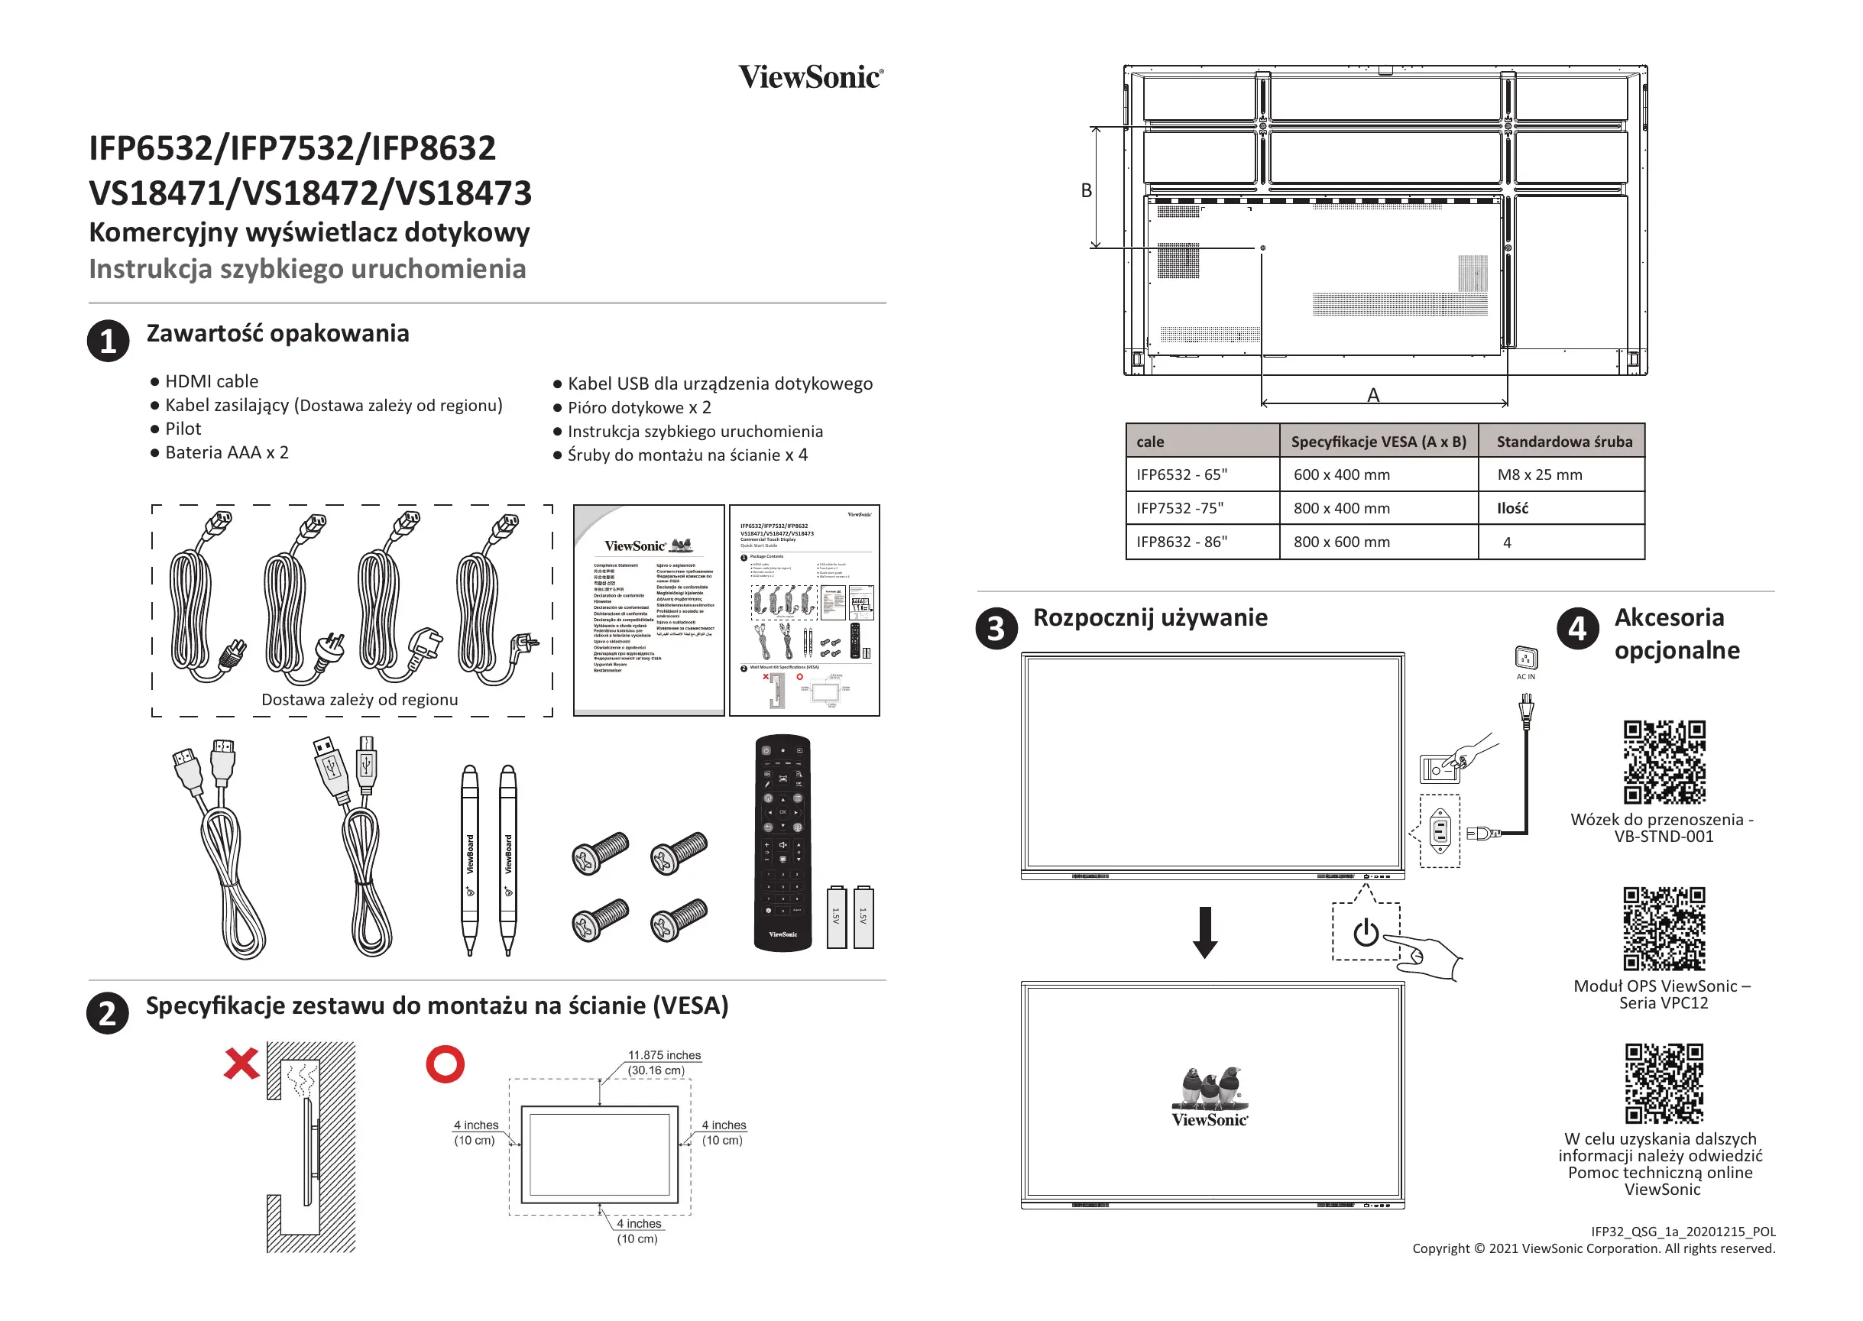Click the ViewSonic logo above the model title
point(810,77)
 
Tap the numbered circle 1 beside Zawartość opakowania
point(109,341)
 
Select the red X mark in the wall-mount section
point(241,1064)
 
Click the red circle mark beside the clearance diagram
point(445,1064)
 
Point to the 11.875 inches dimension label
point(664,1055)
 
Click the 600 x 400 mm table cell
point(1342,474)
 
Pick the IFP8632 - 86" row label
point(1181,542)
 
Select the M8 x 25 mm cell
point(1539,474)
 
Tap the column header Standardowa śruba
point(1563,442)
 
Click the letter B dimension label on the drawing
point(1086,190)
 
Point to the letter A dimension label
point(1373,395)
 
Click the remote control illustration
point(782,843)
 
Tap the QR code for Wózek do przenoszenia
point(1664,762)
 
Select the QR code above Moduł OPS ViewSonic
point(1664,928)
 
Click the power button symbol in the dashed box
point(1366,932)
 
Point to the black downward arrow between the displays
point(1205,932)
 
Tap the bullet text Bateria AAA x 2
point(226,452)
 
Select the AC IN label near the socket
point(1525,677)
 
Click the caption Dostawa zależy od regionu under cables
point(360,700)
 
